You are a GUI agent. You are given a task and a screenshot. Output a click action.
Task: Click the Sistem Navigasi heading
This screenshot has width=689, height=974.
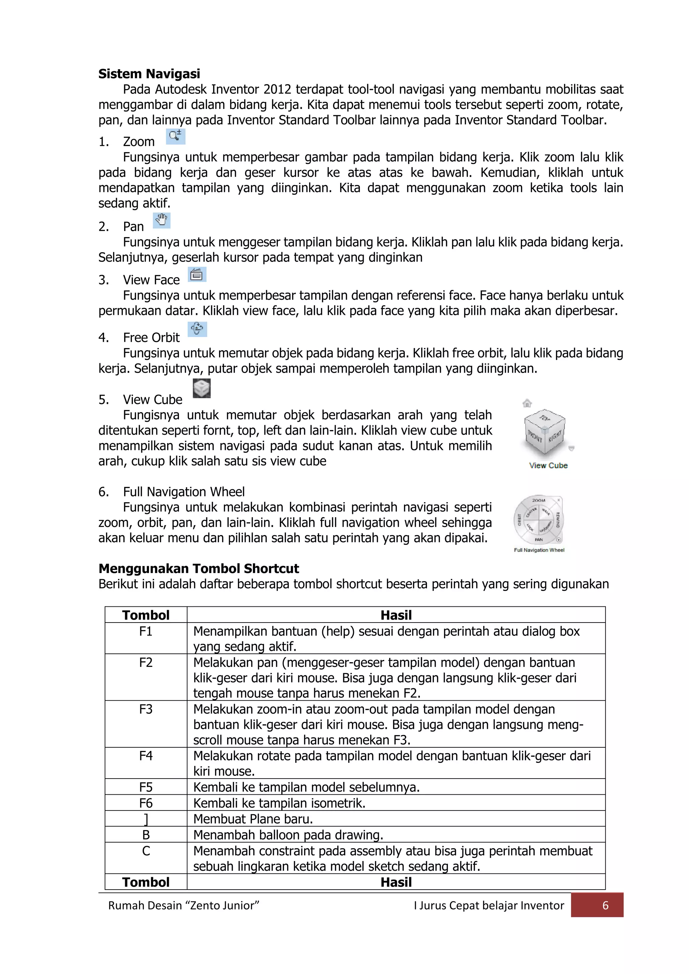[149, 74]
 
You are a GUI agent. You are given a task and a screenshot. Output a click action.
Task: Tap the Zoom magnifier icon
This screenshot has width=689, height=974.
[175, 136]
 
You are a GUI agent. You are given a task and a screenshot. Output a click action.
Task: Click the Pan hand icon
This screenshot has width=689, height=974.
[161, 220]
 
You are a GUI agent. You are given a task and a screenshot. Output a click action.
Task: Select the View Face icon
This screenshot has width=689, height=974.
[197, 274]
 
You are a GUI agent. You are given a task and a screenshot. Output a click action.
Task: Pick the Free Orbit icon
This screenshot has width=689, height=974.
[197, 329]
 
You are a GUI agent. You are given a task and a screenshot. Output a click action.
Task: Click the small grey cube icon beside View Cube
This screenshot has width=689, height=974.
[202, 388]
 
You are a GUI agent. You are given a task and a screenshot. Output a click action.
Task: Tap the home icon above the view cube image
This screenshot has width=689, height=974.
[527, 403]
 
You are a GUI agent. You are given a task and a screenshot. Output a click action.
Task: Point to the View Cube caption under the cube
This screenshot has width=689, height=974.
[548, 465]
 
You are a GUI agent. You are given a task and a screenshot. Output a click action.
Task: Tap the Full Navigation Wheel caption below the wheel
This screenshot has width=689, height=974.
[539, 550]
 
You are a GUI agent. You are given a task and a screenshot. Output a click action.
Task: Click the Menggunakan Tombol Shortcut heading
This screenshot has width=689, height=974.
[198, 568]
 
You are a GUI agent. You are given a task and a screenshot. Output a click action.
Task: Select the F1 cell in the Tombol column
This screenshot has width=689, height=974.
[146, 632]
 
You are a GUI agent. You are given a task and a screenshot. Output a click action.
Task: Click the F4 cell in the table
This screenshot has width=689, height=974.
[146, 756]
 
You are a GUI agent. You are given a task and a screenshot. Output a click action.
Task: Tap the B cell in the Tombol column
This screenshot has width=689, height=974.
[146, 835]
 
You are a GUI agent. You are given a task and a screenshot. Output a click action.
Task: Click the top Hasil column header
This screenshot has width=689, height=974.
[396, 615]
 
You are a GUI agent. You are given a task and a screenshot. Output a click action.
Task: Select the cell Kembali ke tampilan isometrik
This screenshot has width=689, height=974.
[279, 803]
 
